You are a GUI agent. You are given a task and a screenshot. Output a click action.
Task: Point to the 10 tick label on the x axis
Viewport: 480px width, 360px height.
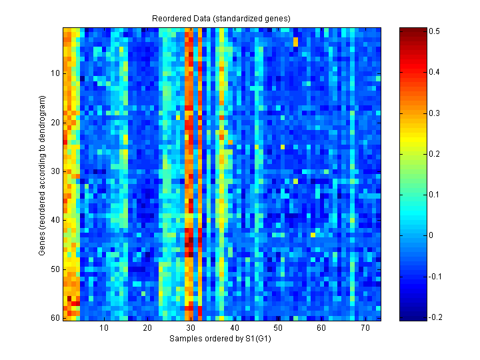104,329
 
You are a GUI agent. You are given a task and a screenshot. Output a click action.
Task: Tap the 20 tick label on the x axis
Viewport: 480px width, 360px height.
147,329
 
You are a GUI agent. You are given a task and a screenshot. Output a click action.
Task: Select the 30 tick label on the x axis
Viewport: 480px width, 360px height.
191,329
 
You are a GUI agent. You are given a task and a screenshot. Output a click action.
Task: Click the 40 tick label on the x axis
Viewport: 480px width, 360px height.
234,329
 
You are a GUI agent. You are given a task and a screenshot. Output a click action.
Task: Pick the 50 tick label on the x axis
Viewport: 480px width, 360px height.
277,329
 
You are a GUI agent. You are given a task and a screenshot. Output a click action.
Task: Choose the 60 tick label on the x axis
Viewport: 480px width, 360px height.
321,329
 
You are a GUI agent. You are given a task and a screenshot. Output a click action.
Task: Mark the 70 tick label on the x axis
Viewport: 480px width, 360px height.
365,329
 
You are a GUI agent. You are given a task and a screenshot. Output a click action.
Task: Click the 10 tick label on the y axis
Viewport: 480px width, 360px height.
55,73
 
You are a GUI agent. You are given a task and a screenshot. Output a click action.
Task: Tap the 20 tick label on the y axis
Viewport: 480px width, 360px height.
55,122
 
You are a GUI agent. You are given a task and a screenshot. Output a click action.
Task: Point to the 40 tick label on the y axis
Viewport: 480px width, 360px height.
55,220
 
